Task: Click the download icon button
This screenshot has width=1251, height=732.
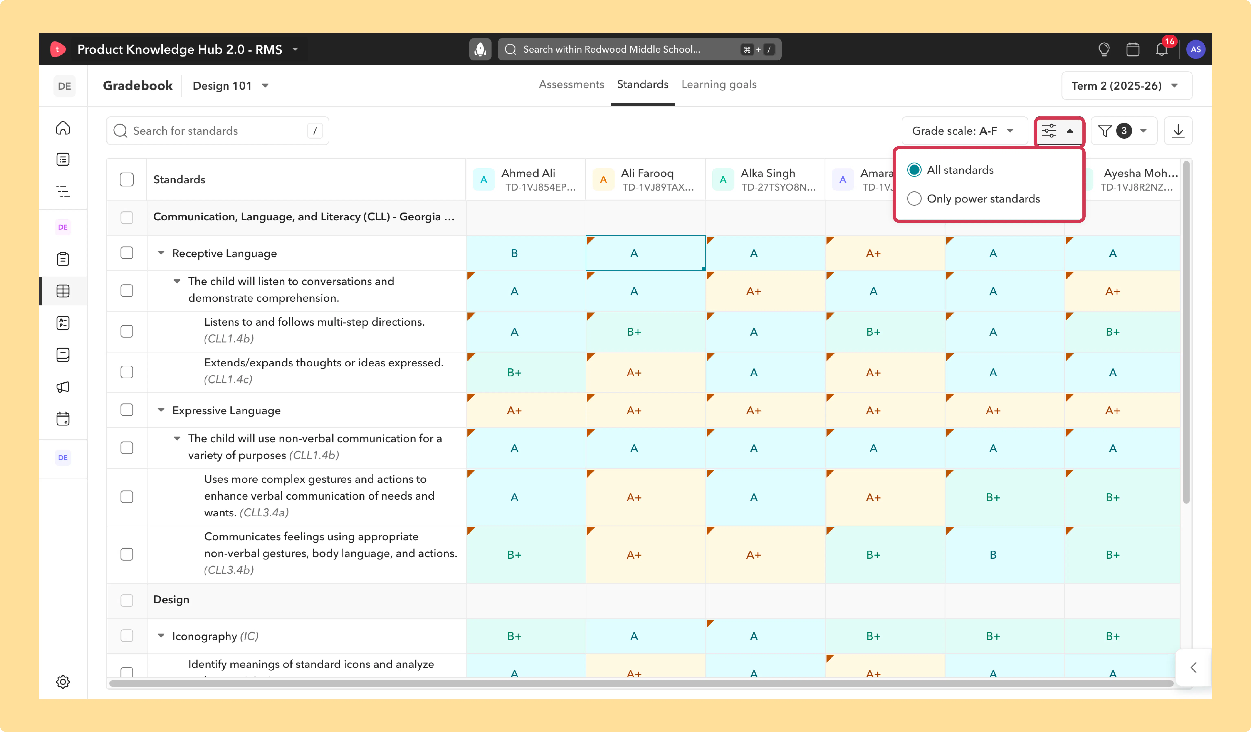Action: tap(1178, 130)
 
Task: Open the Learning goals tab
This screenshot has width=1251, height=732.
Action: tap(719, 84)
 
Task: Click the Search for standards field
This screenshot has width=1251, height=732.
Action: tap(217, 130)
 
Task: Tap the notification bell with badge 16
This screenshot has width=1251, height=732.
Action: tap(1161, 49)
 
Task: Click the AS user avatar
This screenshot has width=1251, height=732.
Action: tap(1195, 49)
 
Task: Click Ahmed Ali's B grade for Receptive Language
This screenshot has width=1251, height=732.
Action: tap(514, 253)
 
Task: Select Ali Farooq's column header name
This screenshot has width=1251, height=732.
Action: tap(647, 173)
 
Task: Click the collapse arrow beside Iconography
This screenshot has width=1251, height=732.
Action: tap(161, 636)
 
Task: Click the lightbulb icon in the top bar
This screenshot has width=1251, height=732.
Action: tap(1104, 49)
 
